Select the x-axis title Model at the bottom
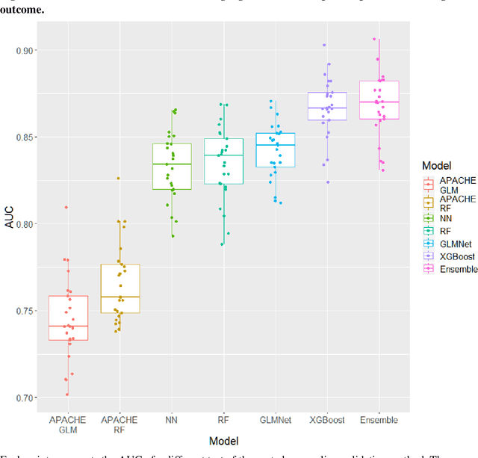pyautogui.click(x=224, y=442)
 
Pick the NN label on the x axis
pyautogui.click(x=172, y=421)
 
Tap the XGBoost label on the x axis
pyautogui.click(x=327, y=421)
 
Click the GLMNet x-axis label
pyautogui.click(x=275, y=421)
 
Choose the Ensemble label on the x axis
pyautogui.click(x=379, y=421)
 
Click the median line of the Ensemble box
pyautogui.click(x=379, y=102)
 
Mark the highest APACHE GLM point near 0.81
pyautogui.click(x=66, y=207)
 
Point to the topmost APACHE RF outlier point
pyautogui.click(x=117, y=178)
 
